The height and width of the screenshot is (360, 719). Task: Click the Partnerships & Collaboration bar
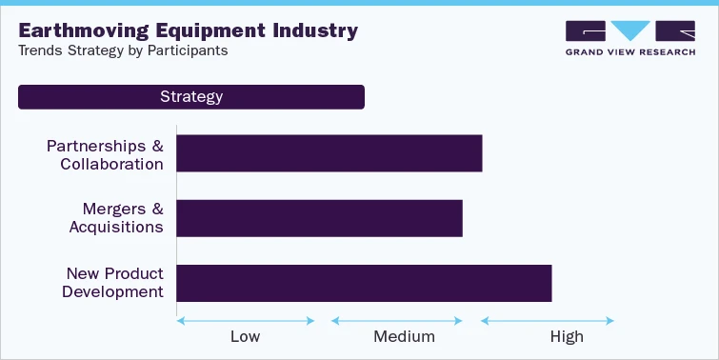click(x=330, y=153)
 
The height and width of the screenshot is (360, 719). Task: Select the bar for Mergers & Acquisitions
click(x=319, y=218)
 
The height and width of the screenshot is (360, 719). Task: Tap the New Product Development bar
click(x=364, y=283)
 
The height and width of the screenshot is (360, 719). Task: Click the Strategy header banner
click(x=191, y=97)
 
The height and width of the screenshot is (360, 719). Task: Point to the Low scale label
click(x=245, y=337)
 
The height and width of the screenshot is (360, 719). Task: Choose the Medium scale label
click(x=404, y=337)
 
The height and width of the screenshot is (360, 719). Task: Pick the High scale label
click(x=567, y=337)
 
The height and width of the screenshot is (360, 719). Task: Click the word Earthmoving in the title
click(x=79, y=30)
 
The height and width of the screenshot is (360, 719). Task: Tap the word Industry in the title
click(x=311, y=30)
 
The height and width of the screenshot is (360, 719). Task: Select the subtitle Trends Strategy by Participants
click(x=123, y=51)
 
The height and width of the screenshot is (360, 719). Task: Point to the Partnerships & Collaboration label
click(x=105, y=154)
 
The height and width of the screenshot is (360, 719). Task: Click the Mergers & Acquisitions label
click(x=115, y=218)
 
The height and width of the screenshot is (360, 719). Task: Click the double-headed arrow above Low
click(x=246, y=320)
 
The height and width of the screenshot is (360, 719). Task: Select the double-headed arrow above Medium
click(x=396, y=320)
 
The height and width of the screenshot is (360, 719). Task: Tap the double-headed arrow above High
click(x=547, y=320)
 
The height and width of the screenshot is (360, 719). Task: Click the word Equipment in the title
click(x=204, y=30)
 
